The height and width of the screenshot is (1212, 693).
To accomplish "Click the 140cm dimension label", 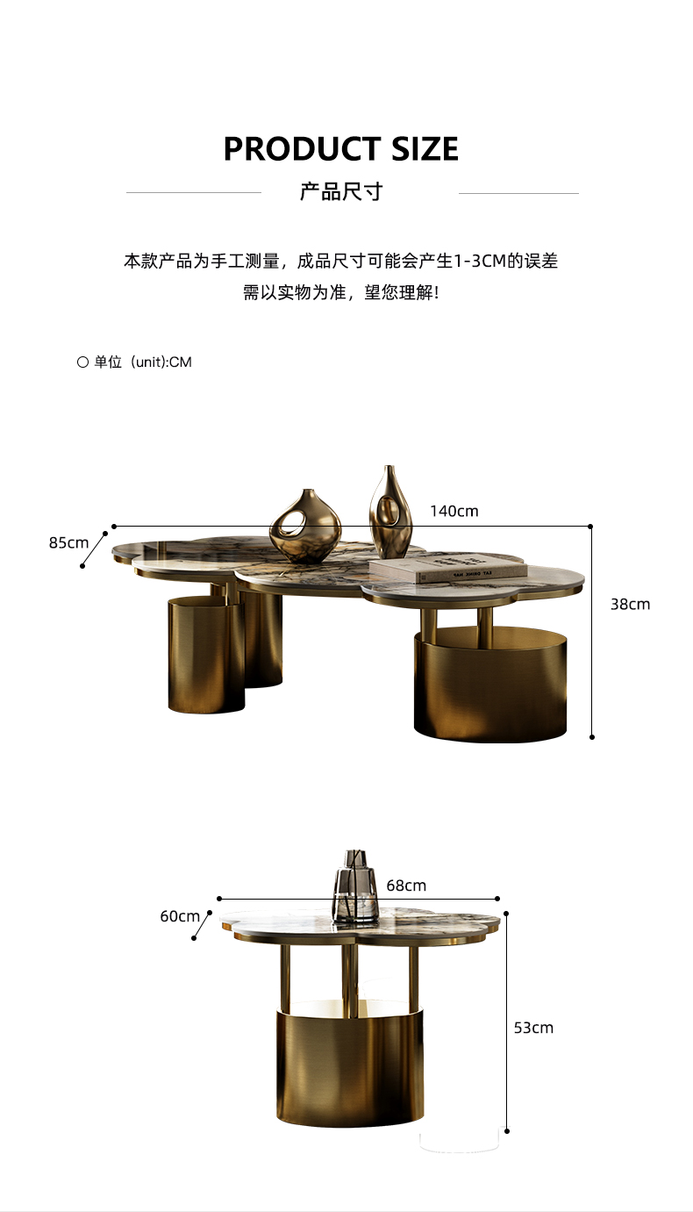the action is [454, 511].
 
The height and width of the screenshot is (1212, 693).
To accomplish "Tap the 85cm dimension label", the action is [68, 542].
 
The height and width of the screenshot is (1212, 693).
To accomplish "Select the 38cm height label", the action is [630, 604].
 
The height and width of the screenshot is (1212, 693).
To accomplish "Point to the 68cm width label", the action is [406, 886].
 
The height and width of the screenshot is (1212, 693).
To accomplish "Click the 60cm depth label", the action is [180, 916].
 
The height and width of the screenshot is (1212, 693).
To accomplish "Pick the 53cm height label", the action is [533, 1027].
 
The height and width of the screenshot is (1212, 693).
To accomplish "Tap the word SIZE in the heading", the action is [419, 149].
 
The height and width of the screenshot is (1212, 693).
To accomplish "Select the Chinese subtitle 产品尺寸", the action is [341, 192].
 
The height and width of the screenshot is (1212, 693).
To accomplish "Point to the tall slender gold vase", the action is [390, 513].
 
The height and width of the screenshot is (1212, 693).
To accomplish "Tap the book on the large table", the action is [447, 569].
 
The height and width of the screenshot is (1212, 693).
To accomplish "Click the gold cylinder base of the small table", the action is [349, 1066].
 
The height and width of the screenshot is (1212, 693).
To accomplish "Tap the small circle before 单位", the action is [82, 362].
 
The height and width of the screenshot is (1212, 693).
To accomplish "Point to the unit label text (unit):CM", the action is [161, 362].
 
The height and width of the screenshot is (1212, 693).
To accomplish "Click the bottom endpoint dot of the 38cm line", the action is [592, 737].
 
